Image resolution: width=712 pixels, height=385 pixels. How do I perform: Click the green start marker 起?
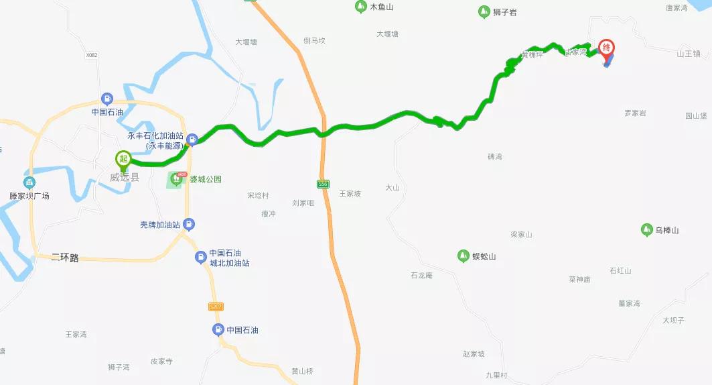tap(123, 160)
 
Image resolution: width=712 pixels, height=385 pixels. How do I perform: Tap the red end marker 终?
tap(607, 48)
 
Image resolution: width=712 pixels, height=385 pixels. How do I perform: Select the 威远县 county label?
tap(125, 177)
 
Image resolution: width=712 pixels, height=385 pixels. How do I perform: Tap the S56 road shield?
tap(324, 183)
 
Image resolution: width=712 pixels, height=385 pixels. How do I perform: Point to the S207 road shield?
tap(215, 307)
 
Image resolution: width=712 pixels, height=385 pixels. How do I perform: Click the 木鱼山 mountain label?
tap(382, 7)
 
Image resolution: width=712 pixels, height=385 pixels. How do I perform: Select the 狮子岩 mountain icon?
tap(484, 11)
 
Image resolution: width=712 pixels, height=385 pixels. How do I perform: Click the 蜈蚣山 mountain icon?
tap(462, 256)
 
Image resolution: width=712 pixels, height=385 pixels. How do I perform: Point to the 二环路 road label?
tap(65, 258)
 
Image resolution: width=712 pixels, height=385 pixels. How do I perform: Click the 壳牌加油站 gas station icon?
tap(190, 224)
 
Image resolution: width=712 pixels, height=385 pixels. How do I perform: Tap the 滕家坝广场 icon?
tap(29, 182)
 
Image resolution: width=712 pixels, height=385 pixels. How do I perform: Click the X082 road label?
tap(92, 55)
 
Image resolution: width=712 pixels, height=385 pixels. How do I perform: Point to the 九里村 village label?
tap(497, 375)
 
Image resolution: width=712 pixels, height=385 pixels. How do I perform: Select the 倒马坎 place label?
tap(314, 40)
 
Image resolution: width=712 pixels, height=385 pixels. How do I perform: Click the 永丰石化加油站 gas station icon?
tap(192, 140)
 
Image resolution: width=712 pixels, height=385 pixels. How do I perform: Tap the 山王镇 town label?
tap(688, 54)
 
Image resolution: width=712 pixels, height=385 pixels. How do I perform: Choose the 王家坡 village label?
tap(350, 193)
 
